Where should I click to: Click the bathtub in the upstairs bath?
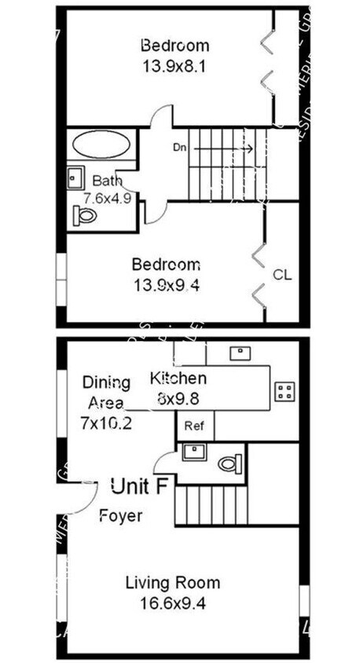coord(102,146)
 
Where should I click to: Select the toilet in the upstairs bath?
coord(84,214)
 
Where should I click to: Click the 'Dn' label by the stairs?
coord(179,147)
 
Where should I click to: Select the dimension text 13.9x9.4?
coord(166,286)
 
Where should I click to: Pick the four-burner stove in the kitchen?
coord(284,391)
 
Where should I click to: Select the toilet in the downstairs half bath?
coord(229,463)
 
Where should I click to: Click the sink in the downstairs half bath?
coord(192,452)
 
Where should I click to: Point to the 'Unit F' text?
coord(139,486)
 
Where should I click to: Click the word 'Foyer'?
coord(121,516)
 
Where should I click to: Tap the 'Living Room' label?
coord(173,583)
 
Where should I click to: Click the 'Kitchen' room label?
coord(178,379)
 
